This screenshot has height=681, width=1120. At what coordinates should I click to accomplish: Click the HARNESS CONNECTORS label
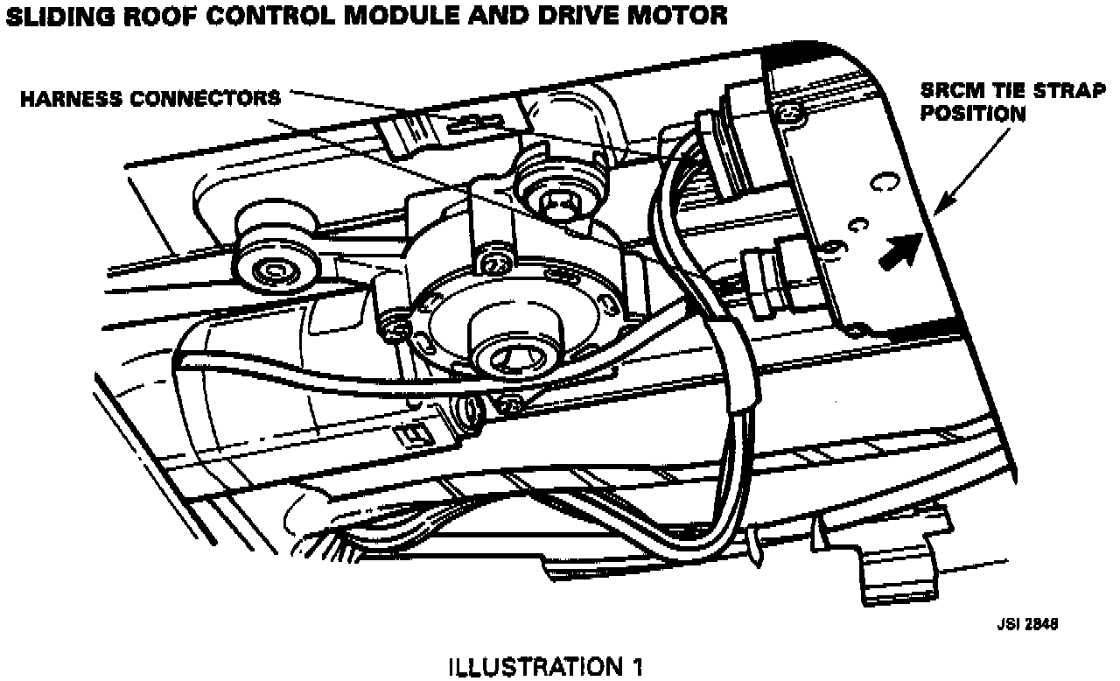tap(150, 97)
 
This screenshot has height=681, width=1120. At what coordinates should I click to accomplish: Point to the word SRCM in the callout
tap(948, 90)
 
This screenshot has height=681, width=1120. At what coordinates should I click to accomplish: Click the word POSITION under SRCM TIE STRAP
tap(972, 113)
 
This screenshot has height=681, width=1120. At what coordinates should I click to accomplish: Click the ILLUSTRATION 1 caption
tap(545, 668)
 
